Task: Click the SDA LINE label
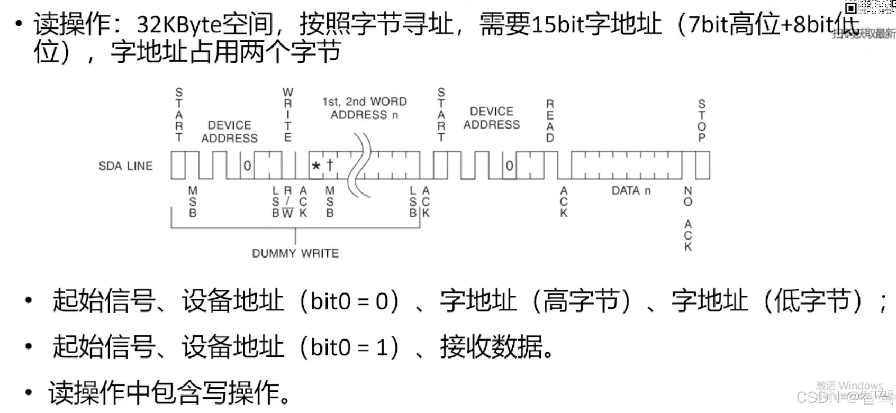coord(125,166)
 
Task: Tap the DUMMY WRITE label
coord(295,253)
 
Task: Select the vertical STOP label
coord(702,121)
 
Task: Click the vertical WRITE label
coord(288,115)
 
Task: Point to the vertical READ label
coord(550,121)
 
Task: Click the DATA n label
coord(631,191)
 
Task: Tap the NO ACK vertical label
coord(688,218)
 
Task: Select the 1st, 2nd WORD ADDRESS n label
coord(364,108)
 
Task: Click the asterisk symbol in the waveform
coord(316,166)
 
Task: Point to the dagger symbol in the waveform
coord(330,165)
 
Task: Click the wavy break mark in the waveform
coord(363,165)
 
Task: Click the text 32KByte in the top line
coord(179,24)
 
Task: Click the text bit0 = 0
coord(349,301)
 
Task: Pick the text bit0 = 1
coord(349,347)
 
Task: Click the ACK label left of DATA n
coord(564,201)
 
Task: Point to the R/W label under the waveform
coord(287,201)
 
